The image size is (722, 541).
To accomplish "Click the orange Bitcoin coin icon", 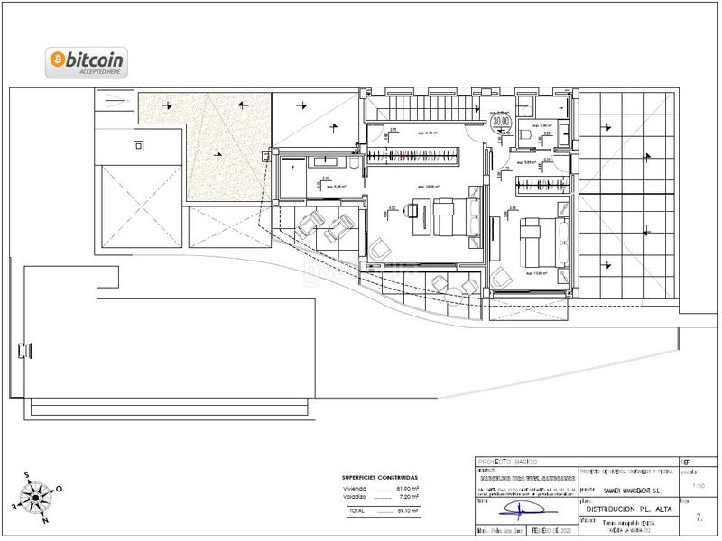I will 56,60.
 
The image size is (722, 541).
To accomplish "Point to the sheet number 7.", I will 700,518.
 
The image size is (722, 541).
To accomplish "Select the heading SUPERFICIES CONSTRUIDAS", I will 379,477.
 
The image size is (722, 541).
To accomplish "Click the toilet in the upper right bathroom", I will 525,135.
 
